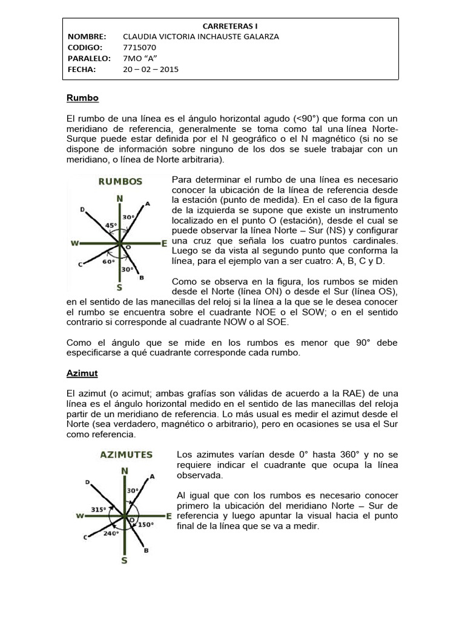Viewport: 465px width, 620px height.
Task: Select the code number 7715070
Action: (x=140, y=47)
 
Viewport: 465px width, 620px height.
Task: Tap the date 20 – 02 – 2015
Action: (x=151, y=69)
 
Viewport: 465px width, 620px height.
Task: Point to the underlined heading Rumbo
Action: (x=82, y=97)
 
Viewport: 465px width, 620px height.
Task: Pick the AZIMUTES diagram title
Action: (x=126, y=454)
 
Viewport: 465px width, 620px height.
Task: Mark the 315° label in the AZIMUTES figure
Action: (x=99, y=510)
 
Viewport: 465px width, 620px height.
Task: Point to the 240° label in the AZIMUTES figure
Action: (x=111, y=533)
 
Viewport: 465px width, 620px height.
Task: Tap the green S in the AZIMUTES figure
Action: (x=124, y=561)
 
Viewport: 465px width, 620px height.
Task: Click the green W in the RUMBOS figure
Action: (x=75, y=243)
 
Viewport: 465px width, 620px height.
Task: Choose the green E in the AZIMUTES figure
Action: (x=169, y=516)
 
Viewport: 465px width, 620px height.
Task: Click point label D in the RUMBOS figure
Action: (x=82, y=209)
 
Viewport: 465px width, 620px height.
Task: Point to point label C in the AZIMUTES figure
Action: (x=85, y=537)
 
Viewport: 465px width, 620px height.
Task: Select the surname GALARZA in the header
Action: (x=259, y=36)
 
